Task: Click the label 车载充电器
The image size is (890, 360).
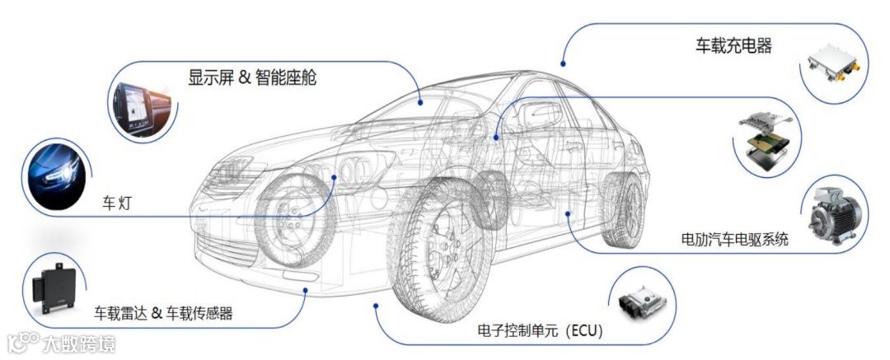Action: tap(733, 46)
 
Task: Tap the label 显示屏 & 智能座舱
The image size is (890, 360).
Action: tap(252, 78)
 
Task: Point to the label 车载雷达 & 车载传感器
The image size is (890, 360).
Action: tap(163, 313)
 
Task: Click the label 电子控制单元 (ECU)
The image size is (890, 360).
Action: tap(541, 331)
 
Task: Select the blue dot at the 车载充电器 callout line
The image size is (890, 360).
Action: tap(563, 63)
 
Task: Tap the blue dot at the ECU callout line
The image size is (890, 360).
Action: tap(376, 305)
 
